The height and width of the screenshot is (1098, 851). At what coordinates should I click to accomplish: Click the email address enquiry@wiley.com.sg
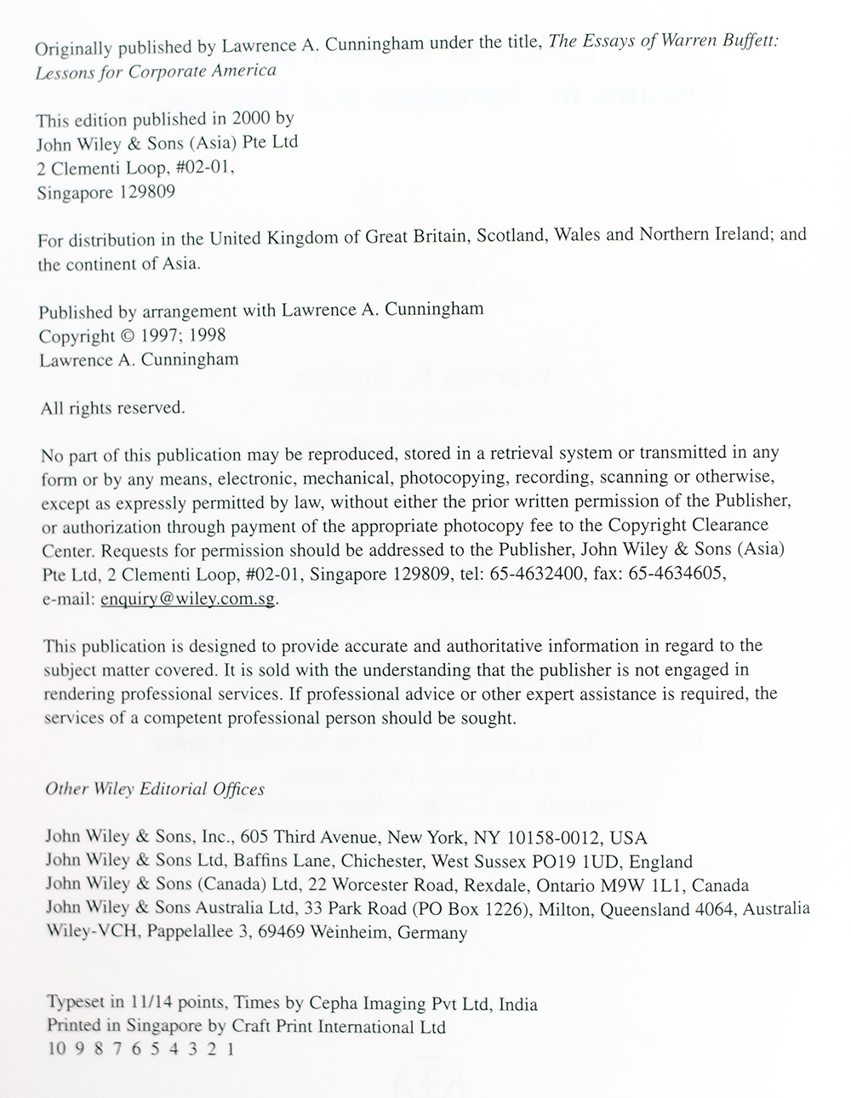[188, 598]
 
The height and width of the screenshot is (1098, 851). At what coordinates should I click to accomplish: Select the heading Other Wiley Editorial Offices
[154, 789]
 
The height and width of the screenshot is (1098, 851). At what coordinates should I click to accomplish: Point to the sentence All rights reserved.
[112, 408]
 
